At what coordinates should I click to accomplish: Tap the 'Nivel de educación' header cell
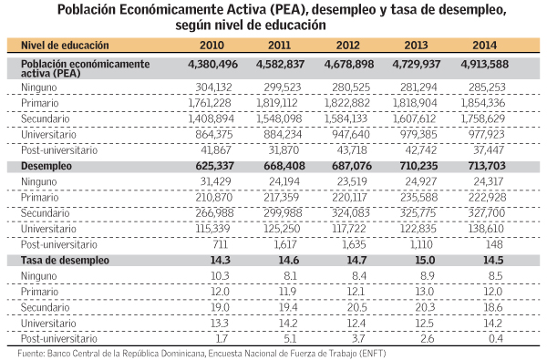(65, 45)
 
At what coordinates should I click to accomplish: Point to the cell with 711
(225, 245)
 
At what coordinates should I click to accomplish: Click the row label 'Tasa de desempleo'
(70, 260)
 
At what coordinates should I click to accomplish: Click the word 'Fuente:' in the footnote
(32, 351)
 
